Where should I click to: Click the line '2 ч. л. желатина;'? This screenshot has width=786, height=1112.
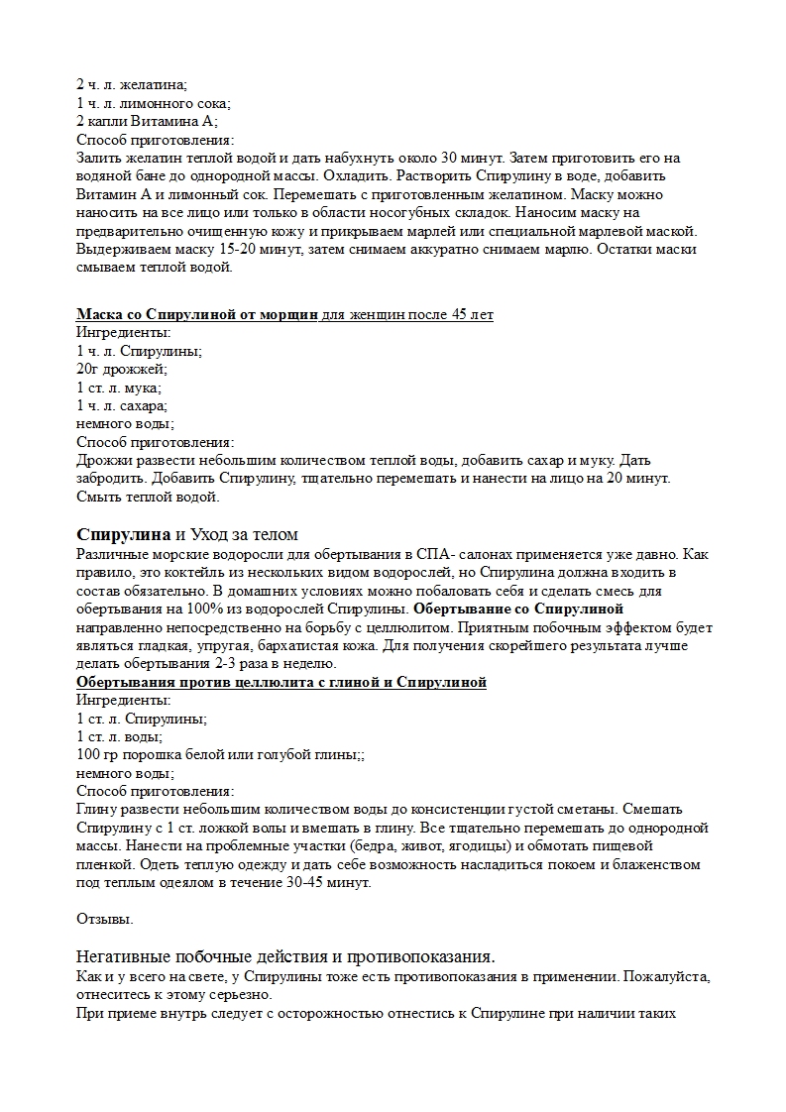tap(132, 85)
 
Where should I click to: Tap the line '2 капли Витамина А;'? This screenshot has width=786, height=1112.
tap(147, 121)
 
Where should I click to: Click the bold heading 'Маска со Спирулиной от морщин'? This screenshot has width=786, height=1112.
tap(197, 315)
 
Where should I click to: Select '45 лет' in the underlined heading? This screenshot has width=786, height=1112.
tap(473, 315)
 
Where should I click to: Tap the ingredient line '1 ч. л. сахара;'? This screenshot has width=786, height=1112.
tap(122, 404)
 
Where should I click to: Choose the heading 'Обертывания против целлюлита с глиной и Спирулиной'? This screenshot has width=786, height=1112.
tap(281, 684)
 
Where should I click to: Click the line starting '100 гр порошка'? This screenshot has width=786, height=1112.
tap(220, 755)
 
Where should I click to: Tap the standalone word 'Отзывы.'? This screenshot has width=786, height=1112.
tap(105, 919)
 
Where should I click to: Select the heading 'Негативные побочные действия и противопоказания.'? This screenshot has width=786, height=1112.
tap(285, 956)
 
